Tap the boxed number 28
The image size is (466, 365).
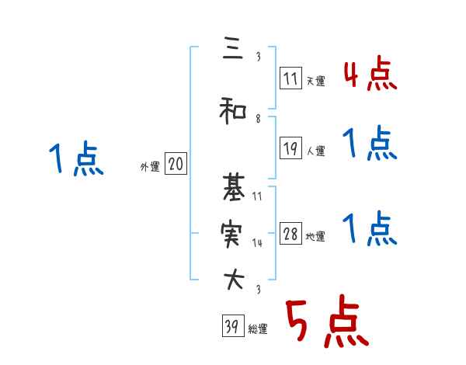[x=290, y=235]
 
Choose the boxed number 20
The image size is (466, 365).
[x=176, y=164]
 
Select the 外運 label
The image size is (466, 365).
[x=150, y=166]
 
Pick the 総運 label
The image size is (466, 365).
[x=258, y=329]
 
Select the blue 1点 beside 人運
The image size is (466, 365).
[x=370, y=144]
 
